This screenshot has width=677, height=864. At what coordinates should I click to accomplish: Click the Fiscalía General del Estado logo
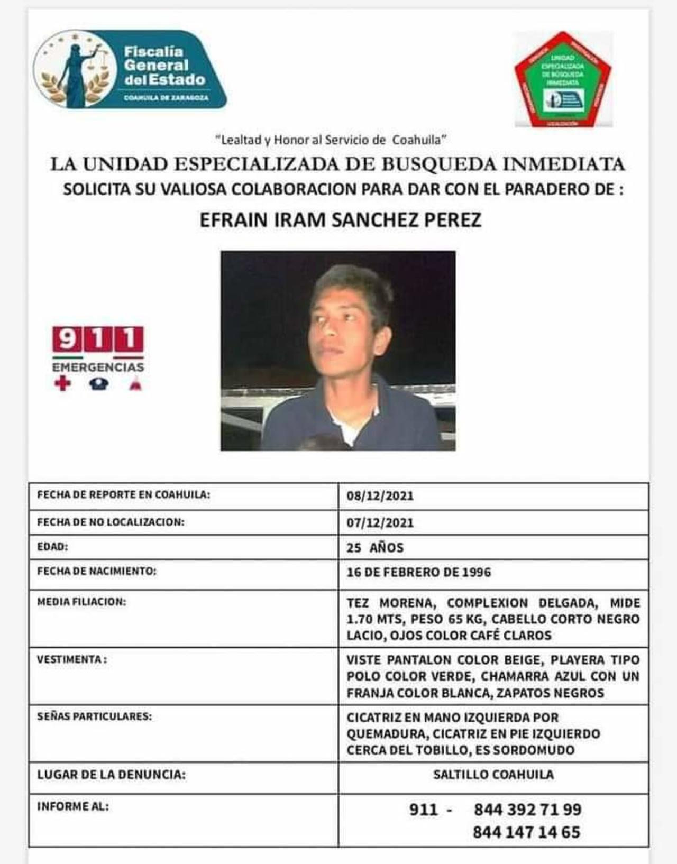pyautogui.click(x=130, y=69)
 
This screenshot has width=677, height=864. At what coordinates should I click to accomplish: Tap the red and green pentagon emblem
pyautogui.click(x=563, y=79)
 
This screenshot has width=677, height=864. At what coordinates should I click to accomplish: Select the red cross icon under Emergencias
pyautogui.click(x=62, y=383)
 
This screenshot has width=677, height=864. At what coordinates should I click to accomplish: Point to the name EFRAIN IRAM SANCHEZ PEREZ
pyautogui.click(x=340, y=220)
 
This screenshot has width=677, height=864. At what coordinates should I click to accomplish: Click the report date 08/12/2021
pyautogui.click(x=380, y=496)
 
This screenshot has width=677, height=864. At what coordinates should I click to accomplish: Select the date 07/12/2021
pyautogui.click(x=380, y=523)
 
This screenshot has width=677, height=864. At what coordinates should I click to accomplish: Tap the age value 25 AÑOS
pyautogui.click(x=375, y=548)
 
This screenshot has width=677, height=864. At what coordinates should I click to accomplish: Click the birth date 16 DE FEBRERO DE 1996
pyautogui.click(x=418, y=572)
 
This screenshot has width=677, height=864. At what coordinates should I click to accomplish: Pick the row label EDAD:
pyautogui.click(x=52, y=547)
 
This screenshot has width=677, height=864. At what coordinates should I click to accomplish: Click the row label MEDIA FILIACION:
pyautogui.click(x=81, y=602)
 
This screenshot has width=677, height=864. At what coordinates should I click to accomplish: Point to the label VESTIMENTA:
pyautogui.click(x=71, y=659)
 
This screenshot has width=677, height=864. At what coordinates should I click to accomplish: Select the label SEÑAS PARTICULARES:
pyautogui.click(x=94, y=716)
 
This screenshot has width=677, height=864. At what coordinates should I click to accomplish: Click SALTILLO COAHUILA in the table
pyautogui.click(x=493, y=775)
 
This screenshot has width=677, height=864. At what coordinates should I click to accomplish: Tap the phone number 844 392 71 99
pyautogui.click(x=527, y=810)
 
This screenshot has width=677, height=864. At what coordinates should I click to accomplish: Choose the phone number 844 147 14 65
pyautogui.click(x=526, y=832)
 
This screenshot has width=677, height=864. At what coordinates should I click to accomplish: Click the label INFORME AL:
pyautogui.click(x=72, y=806)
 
